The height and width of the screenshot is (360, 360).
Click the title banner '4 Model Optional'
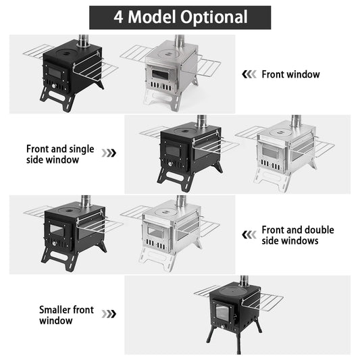click(180, 17)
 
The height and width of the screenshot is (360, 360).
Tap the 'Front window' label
click(290, 74)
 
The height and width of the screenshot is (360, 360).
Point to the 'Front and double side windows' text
click(297, 235)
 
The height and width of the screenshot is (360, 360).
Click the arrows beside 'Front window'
click(249, 74)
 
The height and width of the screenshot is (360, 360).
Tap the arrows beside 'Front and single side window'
click(108, 153)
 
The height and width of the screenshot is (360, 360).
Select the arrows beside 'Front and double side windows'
click(249, 235)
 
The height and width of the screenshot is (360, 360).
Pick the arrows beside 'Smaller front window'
click(108, 314)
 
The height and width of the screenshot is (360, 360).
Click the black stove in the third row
click(71, 233)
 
